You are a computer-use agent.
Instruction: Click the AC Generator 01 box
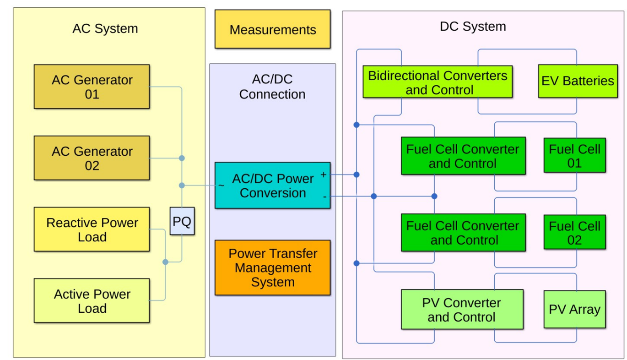(92, 87)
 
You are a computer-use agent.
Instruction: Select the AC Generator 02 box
(92, 158)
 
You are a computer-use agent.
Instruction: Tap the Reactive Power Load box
(92, 229)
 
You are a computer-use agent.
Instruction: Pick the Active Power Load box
(92, 301)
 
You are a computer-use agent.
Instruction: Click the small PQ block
(182, 222)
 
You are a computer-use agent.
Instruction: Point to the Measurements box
(272, 30)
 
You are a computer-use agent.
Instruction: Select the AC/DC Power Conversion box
(272, 185)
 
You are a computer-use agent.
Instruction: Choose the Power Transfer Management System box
(272, 268)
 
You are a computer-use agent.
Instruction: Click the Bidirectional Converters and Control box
(437, 82)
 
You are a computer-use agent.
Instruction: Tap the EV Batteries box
(578, 82)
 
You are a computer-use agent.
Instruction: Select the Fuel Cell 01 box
(574, 156)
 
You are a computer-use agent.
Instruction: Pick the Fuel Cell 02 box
(574, 233)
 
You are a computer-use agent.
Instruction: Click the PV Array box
(574, 310)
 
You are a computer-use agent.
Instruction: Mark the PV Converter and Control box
(462, 310)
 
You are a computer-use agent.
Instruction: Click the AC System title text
(105, 28)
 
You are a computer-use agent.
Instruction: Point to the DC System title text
(473, 26)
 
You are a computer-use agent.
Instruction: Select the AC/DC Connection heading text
(272, 87)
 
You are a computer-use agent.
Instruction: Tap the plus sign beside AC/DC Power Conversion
(324, 175)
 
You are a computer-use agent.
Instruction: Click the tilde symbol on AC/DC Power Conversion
(222, 185)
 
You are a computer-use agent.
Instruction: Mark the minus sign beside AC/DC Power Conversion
(324, 196)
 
